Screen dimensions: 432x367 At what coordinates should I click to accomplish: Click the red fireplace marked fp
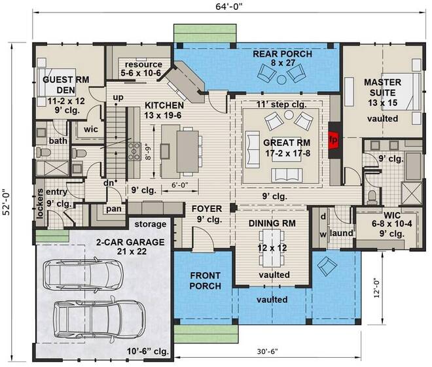333,140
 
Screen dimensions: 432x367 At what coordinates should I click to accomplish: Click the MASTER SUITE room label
383,87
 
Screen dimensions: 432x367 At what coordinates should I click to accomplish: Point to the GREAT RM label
287,143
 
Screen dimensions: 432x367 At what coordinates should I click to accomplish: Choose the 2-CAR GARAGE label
130,242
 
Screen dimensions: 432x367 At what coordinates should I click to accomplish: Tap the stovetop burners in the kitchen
134,151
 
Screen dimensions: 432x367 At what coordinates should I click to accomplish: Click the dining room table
272,248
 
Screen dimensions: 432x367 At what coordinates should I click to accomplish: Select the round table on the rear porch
281,80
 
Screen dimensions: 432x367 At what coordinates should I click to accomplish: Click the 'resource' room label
143,64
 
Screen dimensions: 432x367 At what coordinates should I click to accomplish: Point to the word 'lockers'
40,203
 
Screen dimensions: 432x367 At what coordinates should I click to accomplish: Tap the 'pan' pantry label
114,209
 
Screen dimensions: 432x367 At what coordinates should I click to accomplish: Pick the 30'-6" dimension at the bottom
268,351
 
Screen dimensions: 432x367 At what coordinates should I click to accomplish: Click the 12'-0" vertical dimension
376,288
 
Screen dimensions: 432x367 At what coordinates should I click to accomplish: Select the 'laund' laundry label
342,233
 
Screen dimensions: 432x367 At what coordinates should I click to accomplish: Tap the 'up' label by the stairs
118,97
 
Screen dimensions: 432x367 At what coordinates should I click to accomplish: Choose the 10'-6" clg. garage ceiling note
148,351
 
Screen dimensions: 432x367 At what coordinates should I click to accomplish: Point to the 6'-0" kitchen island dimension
180,185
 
